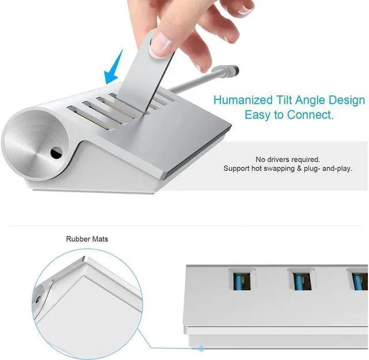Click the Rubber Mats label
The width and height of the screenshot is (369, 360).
click(x=87, y=238)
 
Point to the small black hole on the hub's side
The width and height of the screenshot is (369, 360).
click(x=55, y=153)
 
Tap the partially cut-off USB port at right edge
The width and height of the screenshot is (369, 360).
click(x=359, y=282)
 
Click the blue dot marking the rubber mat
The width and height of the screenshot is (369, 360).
click(x=201, y=348)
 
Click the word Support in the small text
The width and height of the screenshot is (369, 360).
click(x=237, y=169)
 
